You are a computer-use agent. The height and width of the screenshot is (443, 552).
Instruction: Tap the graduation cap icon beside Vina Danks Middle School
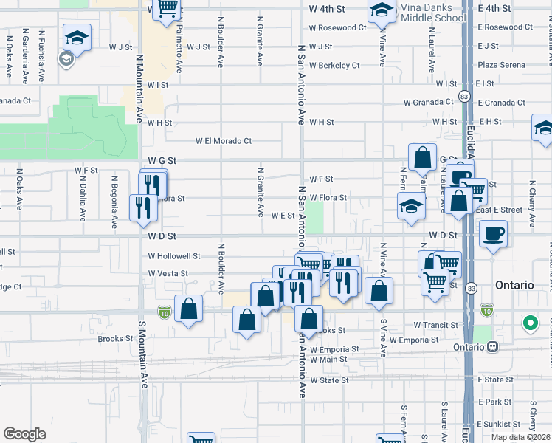point(382,10)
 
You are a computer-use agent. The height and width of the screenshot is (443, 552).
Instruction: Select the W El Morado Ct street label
point(223,140)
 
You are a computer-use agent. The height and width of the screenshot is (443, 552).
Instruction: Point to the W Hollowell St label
point(174,256)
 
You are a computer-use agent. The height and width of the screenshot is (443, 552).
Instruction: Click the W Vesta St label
point(168,273)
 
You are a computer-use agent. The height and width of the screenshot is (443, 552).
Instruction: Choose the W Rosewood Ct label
point(337,27)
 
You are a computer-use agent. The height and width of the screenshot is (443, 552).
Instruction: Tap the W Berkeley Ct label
point(334,65)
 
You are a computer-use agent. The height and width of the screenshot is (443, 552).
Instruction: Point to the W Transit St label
point(437,325)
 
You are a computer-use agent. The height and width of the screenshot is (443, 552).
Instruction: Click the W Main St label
point(329,360)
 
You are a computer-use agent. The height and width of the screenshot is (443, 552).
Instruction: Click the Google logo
point(25,434)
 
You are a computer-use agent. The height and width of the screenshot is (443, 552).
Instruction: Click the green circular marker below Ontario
point(530,323)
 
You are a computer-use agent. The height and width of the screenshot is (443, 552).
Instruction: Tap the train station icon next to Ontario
point(492,347)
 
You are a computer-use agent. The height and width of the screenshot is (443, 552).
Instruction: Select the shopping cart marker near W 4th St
point(168,9)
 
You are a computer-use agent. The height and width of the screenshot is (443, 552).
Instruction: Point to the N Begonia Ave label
point(114,202)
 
